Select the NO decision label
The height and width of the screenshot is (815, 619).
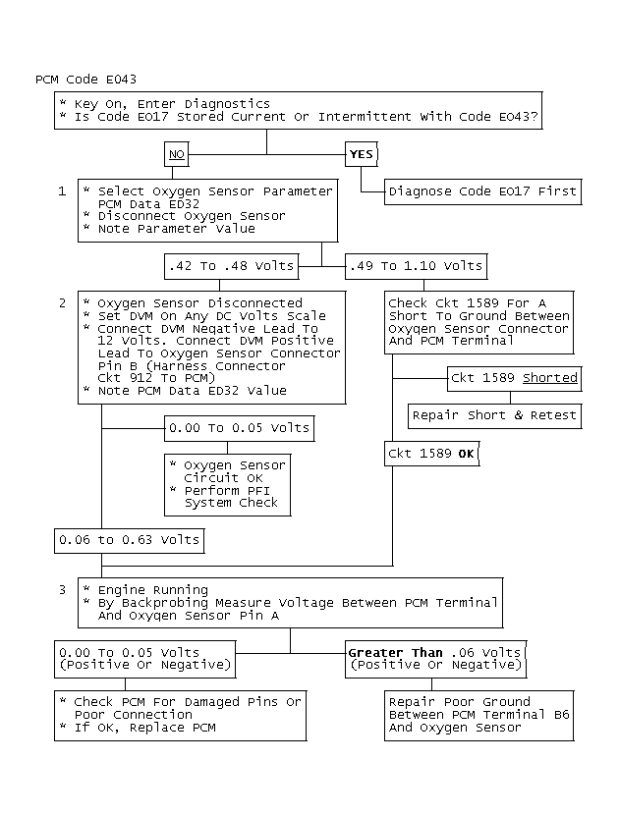tap(177, 154)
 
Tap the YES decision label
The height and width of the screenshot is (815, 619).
tap(362, 154)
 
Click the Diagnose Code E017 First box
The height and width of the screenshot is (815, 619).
tap(482, 190)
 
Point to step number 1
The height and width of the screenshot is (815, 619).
tap(62, 190)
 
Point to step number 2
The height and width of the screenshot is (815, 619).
tap(62, 303)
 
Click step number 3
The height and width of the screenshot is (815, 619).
tap(62, 590)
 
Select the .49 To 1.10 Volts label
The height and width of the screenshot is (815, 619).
tap(416, 266)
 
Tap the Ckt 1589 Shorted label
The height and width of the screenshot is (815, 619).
tap(514, 378)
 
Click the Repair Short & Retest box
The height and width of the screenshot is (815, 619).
tap(494, 415)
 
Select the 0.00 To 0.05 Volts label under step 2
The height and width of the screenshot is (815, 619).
tap(239, 427)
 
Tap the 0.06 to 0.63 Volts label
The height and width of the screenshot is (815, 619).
tap(129, 540)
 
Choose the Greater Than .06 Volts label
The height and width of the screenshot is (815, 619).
tap(435, 659)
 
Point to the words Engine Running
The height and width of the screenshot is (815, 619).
tap(152, 590)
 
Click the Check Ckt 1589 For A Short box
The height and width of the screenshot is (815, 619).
tap(478, 322)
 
